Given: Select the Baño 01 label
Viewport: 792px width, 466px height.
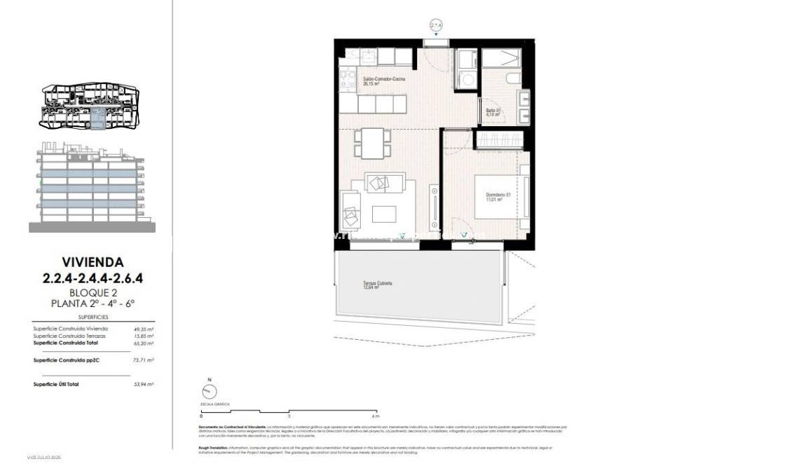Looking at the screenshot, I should [493, 112].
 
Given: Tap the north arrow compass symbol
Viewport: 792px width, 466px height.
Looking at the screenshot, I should [208, 392].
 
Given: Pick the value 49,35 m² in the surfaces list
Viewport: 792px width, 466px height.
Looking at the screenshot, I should [143, 329].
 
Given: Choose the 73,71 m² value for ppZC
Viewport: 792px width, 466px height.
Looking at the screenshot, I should [143, 359].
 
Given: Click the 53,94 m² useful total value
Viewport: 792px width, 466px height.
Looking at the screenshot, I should [143, 384].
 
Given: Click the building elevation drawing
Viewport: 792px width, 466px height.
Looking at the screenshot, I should [92, 187].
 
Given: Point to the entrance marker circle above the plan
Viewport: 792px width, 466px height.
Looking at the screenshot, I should [435, 27].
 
